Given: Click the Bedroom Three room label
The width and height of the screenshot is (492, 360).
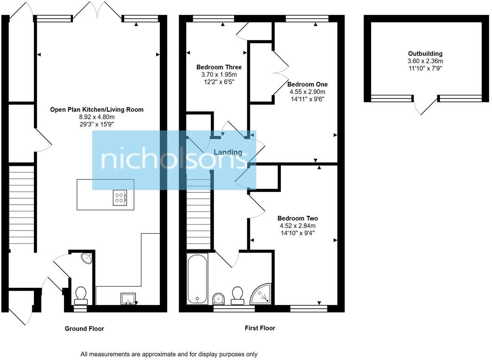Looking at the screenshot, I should pyautogui.click(x=219, y=67).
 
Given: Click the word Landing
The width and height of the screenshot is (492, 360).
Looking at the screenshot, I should pyautogui.click(x=228, y=152).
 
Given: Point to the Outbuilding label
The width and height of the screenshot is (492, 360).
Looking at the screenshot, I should pyautogui.click(x=425, y=54).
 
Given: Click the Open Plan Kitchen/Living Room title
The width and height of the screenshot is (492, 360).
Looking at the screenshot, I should pyautogui.click(x=97, y=110).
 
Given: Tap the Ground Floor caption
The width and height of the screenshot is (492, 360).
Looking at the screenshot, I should pyautogui.click(x=84, y=329).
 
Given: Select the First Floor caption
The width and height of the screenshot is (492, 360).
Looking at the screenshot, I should pyautogui.click(x=260, y=328).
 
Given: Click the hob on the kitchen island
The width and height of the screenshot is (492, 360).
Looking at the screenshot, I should pyautogui.click(x=120, y=198).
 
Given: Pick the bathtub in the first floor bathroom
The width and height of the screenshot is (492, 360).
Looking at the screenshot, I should pyautogui.click(x=197, y=278).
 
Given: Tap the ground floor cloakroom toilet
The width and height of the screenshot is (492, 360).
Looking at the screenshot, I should pyautogui.click(x=81, y=295).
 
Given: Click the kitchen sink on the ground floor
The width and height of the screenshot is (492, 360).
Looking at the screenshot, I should pyautogui.click(x=129, y=298).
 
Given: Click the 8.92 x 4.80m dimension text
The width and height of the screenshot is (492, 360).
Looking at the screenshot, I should pyautogui.click(x=97, y=117).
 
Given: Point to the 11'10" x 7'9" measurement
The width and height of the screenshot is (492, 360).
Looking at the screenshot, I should pyautogui.click(x=425, y=68).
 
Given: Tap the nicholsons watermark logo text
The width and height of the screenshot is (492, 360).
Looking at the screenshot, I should pyautogui.click(x=173, y=160).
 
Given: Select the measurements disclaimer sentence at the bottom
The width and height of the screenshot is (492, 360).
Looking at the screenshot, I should pyautogui.click(x=169, y=354).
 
